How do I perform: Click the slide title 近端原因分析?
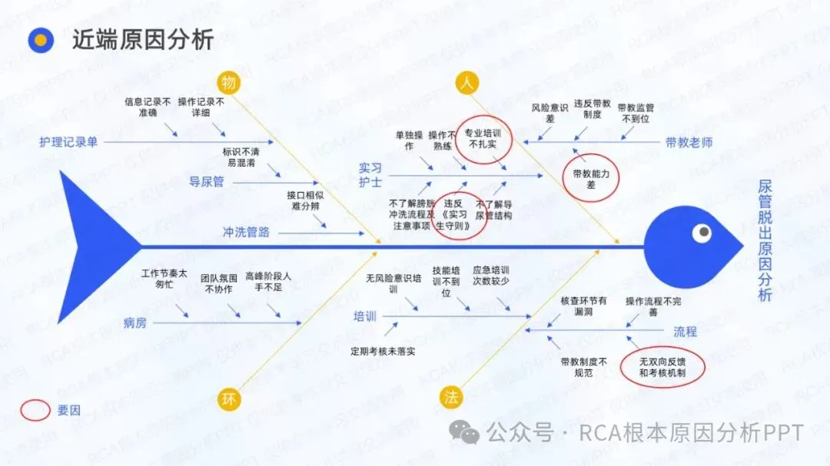click(x=143, y=39)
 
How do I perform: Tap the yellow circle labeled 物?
click(x=228, y=82)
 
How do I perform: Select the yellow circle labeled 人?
click(x=465, y=83)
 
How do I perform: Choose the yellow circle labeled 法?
click(x=451, y=397)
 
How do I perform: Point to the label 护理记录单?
click(x=69, y=142)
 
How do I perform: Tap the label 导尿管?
click(x=206, y=182)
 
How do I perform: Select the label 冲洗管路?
click(x=246, y=232)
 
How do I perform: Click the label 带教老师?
click(x=689, y=142)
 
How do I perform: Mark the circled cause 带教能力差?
click(x=590, y=180)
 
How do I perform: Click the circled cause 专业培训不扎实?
click(x=480, y=138)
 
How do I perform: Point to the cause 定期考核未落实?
click(x=383, y=352)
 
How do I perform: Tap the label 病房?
click(x=135, y=322)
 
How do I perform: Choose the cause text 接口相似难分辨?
click(x=306, y=200)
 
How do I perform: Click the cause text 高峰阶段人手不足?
click(x=268, y=282)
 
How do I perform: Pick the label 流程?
click(x=686, y=332)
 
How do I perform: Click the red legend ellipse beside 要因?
click(x=35, y=410)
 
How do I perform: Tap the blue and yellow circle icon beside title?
click(x=41, y=40)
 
